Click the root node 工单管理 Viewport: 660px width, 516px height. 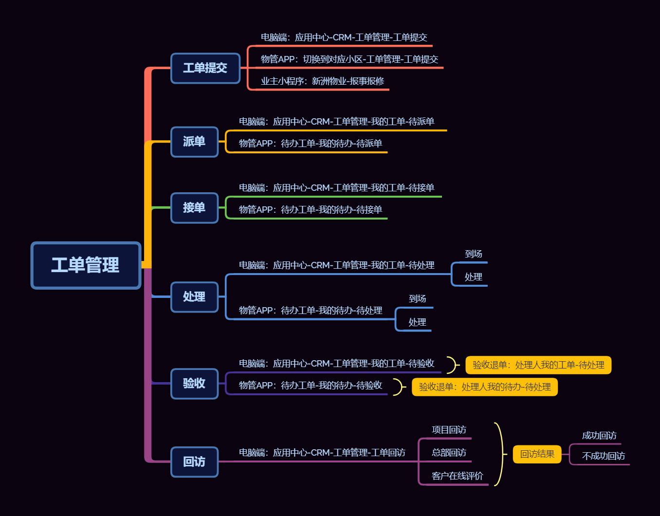[x=86, y=265]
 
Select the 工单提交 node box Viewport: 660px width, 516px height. [x=205, y=68]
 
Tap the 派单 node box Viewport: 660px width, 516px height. [x=194, y=142]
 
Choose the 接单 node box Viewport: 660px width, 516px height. [x=194, y=208]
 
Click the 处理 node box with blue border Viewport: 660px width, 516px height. [x=194, y=296]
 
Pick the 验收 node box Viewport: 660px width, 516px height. [x=194, y=384]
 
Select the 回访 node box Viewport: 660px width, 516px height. [x=194, y=461]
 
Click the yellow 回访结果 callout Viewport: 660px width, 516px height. [x=537, y=454]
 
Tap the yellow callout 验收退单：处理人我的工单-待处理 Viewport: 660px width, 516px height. [x=538, y=365]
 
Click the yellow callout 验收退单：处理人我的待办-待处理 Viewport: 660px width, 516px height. [x=485, y=387]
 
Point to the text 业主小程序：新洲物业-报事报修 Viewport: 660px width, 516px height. [x=322, y=81]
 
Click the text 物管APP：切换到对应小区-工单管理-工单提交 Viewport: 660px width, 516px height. [x=349, y=59]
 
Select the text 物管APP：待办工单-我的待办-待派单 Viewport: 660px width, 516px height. [x=310, y=144]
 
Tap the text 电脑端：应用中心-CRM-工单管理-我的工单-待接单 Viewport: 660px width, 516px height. [x=336, y=188]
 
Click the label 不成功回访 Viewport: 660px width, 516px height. [x=603, y=456]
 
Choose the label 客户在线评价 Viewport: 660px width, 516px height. [x=457, y=476]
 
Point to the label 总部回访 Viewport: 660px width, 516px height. [x=449, y=453]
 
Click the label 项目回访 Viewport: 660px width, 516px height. [x=449, y=430]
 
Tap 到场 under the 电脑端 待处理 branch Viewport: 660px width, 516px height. [x=473, y=254]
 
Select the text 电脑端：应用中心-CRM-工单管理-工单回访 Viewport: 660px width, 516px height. [x=322, y=453]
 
